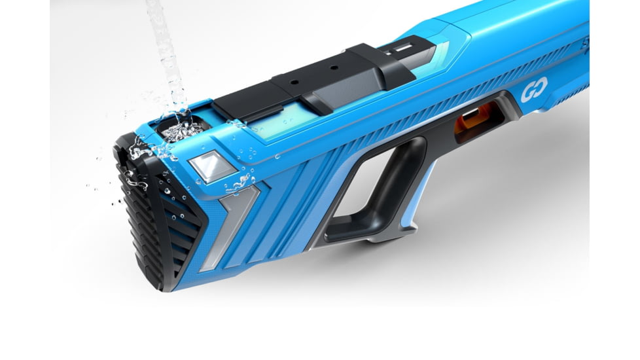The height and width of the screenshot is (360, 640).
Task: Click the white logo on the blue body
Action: [531, 94]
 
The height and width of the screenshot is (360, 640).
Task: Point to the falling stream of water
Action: [164, 46]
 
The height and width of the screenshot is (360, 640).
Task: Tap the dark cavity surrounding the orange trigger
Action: [481, 121]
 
